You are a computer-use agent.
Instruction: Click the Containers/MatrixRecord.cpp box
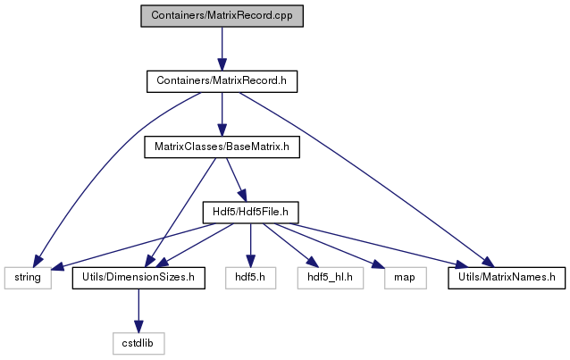222,16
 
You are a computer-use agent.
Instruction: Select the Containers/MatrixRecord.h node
222,81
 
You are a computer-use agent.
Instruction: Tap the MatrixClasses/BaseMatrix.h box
222,147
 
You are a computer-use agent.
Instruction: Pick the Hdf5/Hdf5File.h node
250,213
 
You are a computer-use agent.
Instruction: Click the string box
28,278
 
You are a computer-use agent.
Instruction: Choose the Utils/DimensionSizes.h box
138,278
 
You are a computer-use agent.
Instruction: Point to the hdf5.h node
250,278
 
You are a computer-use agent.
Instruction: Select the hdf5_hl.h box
330,278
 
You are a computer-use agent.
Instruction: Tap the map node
406,278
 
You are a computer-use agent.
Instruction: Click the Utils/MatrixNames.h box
507,278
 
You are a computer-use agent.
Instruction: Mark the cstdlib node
138,343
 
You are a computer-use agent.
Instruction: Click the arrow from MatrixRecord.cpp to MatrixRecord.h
222,49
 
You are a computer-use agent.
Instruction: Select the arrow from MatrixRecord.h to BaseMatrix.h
222,114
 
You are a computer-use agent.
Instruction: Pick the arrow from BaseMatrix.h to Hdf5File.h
236,180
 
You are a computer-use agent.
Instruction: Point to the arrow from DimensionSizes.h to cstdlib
138,311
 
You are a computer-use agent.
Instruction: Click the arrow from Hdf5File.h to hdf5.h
250,246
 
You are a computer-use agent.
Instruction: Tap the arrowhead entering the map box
379,264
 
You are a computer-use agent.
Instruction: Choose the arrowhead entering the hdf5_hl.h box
313,262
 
